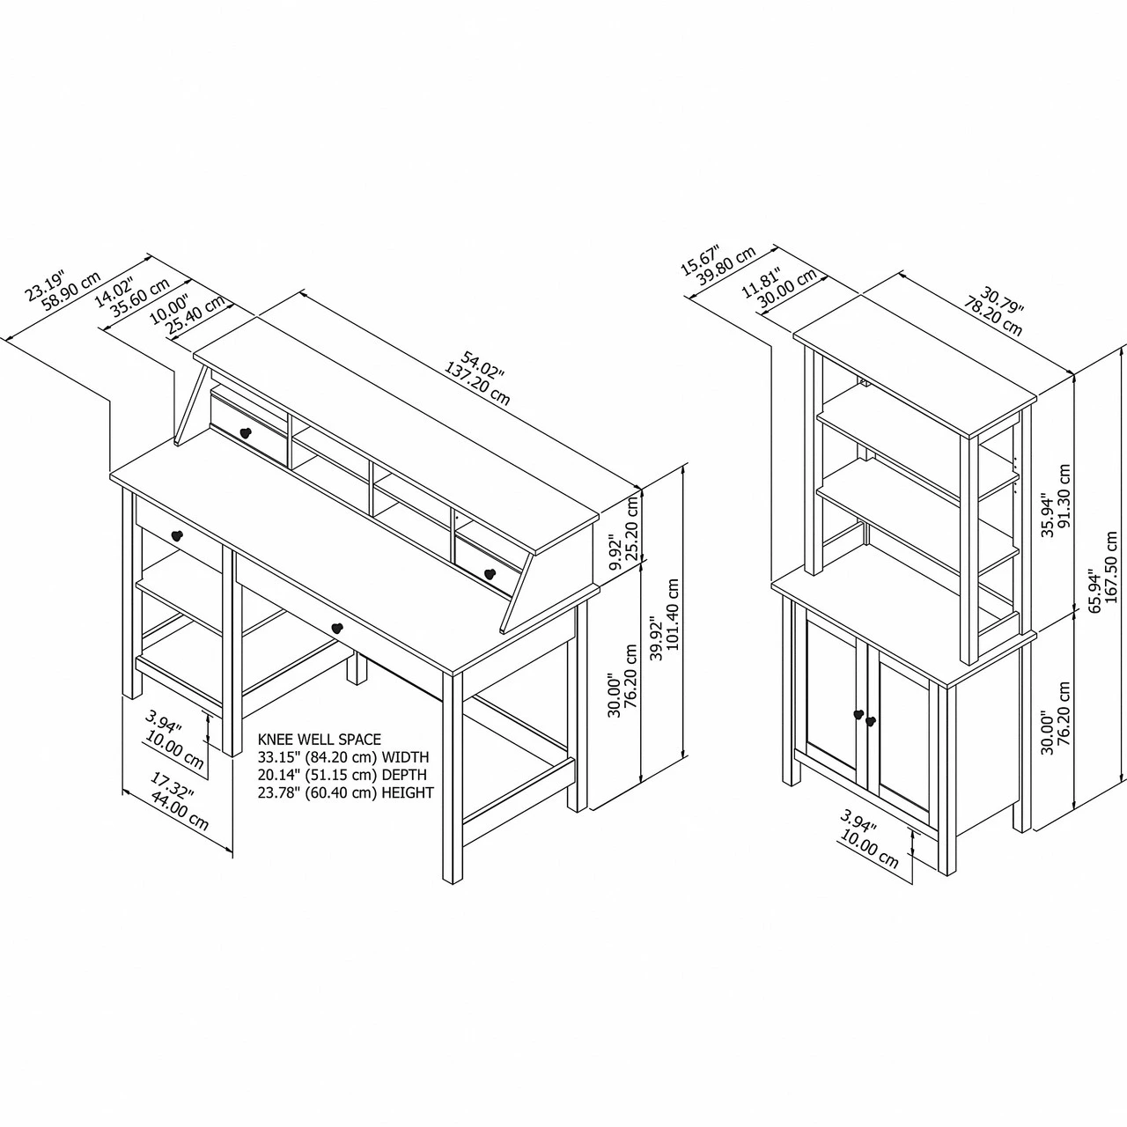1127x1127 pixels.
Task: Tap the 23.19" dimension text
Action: coord(45,285)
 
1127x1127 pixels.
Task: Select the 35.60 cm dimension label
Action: coord(140,298)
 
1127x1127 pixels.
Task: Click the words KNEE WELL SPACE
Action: coord(320,740)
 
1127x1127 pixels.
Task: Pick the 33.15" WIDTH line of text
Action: coord(343,757)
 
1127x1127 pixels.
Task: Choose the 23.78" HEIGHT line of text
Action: coord(346,792)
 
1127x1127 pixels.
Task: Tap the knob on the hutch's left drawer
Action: coord(245,433)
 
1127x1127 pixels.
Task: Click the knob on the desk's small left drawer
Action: coord(177,534)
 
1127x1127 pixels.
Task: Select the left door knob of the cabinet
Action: coord(858,714)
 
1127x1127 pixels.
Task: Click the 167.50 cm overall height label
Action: coord(1112,567)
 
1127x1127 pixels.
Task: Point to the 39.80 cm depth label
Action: coord(726,266)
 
